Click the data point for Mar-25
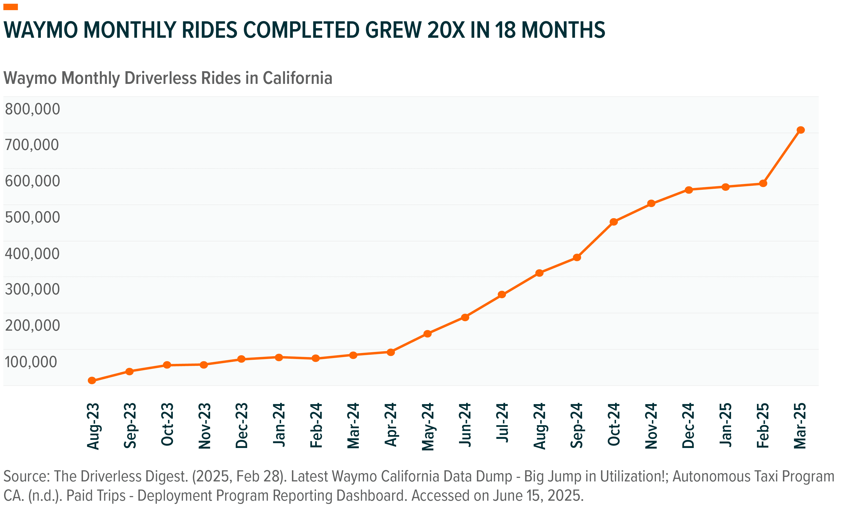[x=801, y=130]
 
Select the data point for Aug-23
[x=92, y=381]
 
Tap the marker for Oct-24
[x=614, y=222]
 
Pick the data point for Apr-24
[x=391, y=352]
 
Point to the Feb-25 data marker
[x=763, y=183]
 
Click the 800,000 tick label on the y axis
[x=32, y=109]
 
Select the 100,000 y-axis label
[x=31, y=362]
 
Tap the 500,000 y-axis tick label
[x=32, y=217]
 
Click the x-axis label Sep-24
[x=577, y=425]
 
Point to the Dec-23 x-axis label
[x=242, y=425]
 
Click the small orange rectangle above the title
[x=11, y=7]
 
